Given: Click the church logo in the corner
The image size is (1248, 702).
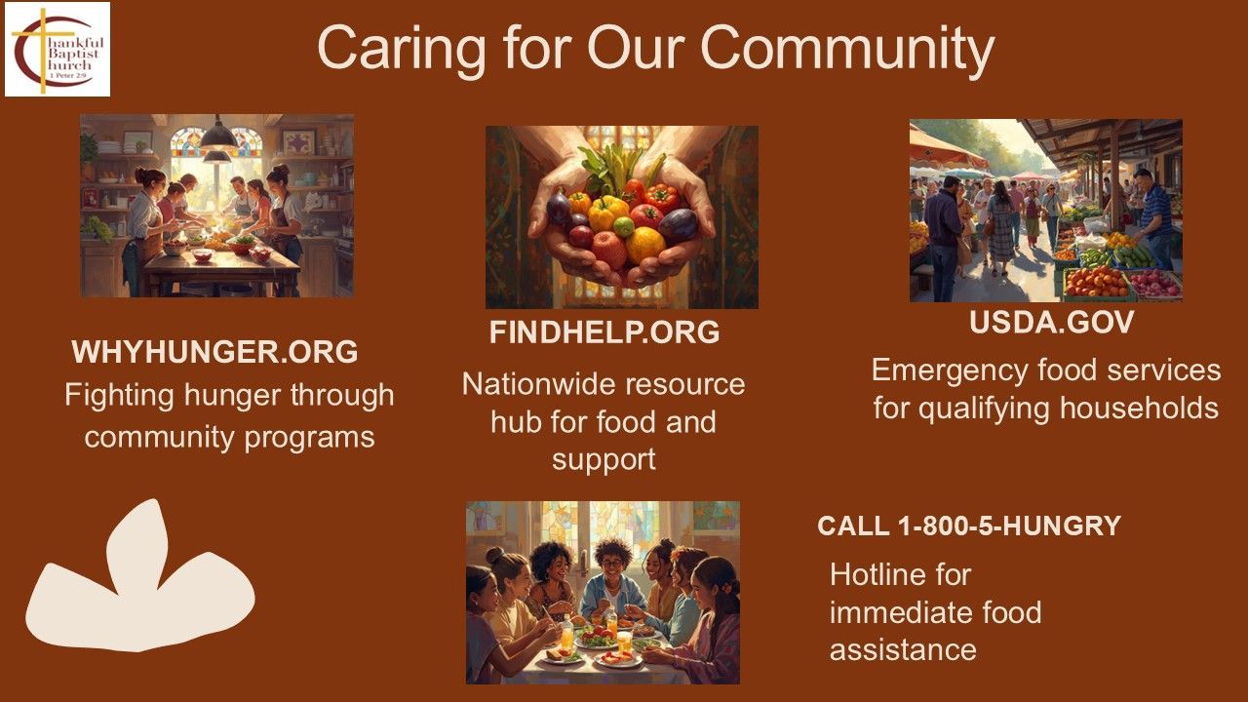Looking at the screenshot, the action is [x=58, y=49].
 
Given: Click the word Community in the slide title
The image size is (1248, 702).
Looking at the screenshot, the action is [x=847, y=50].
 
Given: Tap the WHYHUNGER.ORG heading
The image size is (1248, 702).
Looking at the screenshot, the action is [x=215, y=352].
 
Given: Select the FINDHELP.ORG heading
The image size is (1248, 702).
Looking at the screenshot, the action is [x=604, y=332].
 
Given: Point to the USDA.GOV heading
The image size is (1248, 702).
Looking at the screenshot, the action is [x=1051, y=322].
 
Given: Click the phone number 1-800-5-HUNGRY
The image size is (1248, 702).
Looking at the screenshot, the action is [x=1009, y=526].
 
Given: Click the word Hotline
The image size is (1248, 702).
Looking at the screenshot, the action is [x=900, y=574].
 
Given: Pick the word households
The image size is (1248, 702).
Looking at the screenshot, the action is [x=1140, y=408].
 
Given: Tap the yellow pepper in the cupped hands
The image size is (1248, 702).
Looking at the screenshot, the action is [x=607, y=213].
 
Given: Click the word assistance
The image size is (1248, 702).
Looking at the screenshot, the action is [x=903, y=650].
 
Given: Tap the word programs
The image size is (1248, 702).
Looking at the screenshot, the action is [x=309, y=439].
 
